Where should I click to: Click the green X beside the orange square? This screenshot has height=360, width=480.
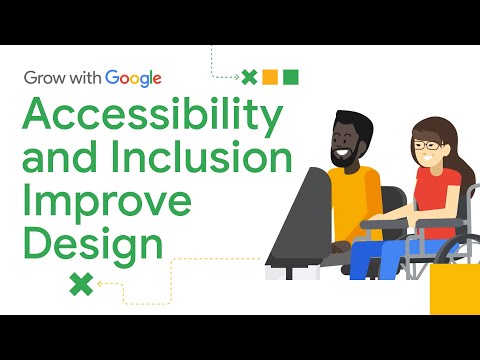250,77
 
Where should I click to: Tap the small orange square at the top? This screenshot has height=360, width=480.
270,77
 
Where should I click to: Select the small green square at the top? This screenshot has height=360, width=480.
291,77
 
